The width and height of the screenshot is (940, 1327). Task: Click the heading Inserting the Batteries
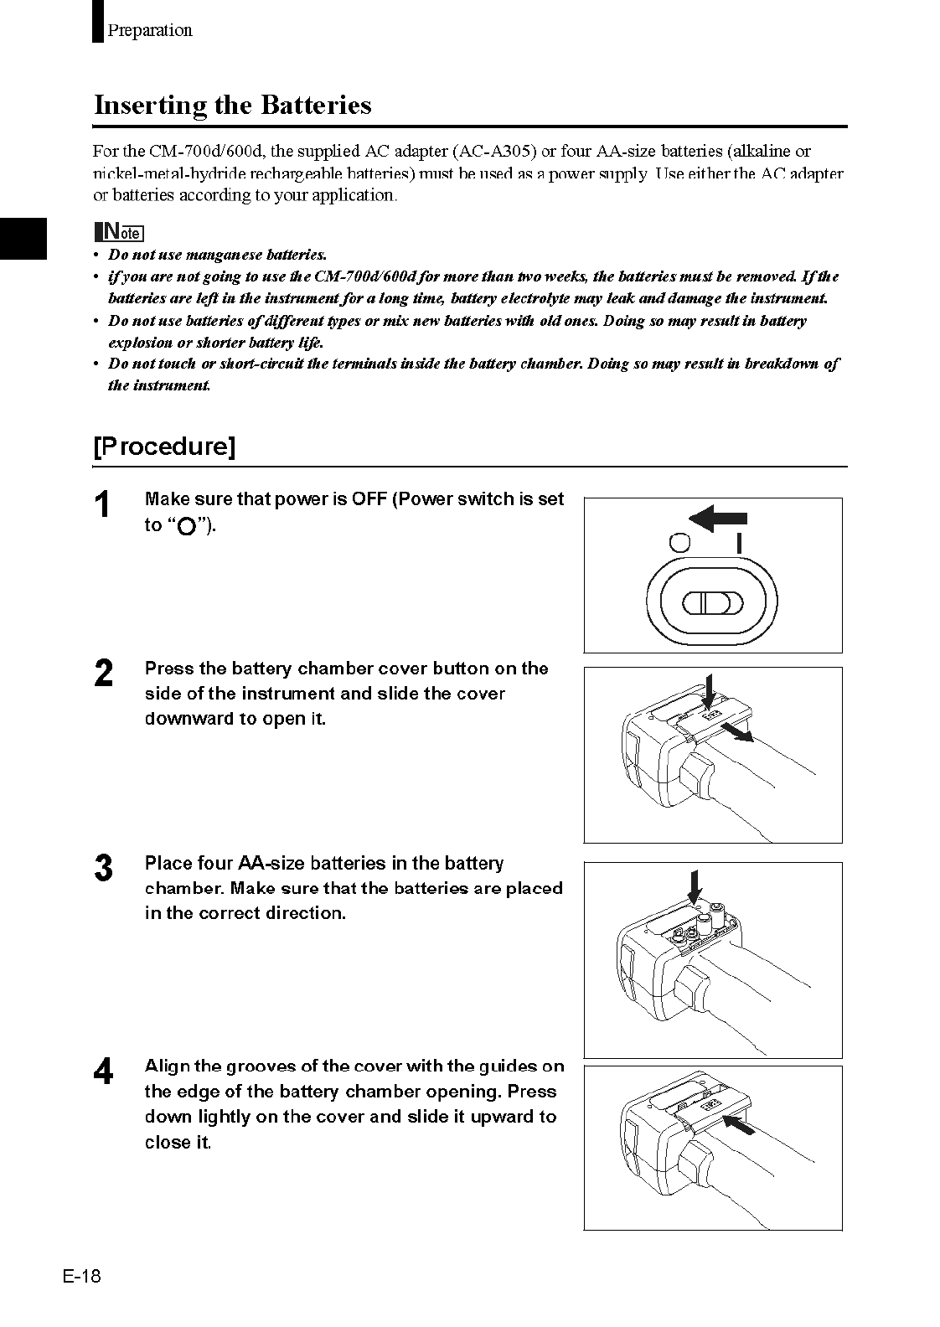click(232, 106)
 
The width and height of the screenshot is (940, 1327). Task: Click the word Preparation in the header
click(150, 30)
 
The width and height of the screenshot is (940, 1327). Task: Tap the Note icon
click(119, 231)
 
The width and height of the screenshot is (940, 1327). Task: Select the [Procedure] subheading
click(164, 446)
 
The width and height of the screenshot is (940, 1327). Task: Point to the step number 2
click(103, 674)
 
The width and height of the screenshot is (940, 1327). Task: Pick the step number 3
click(103, 869)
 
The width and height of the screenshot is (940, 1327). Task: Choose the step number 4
click(103, 1072)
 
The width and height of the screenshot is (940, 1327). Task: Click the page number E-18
click(80, 1276)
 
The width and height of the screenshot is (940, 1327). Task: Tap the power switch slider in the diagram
click(712, 602)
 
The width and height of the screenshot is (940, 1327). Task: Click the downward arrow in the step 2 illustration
click(708, 689)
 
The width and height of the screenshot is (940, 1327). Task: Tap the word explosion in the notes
click(140, 342)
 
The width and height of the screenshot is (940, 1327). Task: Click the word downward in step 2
click(185, 719)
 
